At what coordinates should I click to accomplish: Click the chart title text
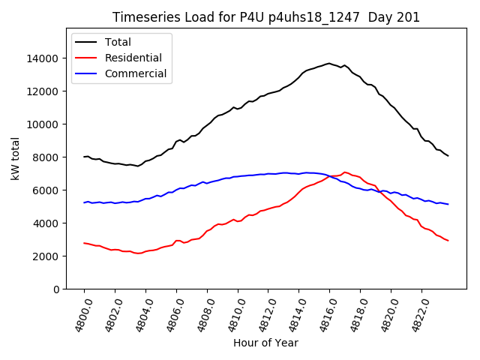(x=266, y=17)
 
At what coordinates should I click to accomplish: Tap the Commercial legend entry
(x=136, y=73)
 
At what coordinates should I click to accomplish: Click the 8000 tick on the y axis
(x=47, y=157)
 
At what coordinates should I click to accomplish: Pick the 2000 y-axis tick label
(x=47, y=256)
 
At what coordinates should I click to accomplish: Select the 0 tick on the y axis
(x=56, y=289)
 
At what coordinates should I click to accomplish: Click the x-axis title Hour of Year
(x=265, y=343)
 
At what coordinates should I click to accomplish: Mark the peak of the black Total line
(x=328, y=63)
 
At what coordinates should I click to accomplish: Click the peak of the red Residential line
(x=345, y=172)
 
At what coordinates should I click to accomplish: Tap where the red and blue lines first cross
(x=331, y=176)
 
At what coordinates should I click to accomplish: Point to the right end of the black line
(x=448, y=155)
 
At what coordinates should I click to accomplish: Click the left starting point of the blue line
(x=84, y=202)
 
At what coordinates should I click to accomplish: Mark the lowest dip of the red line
(x=137, y=253)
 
